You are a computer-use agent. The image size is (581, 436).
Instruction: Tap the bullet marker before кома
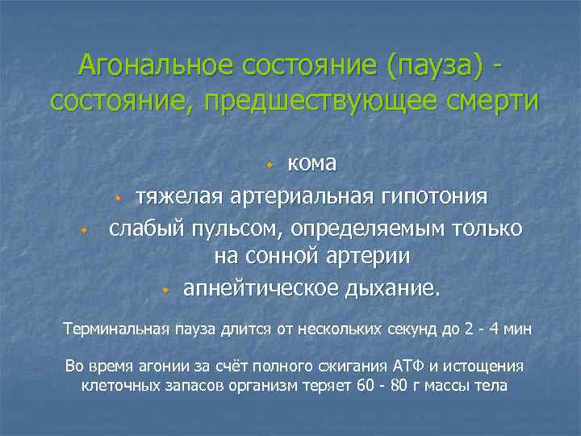[x=272, y=165]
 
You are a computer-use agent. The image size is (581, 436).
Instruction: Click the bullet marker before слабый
[x=83, y=230]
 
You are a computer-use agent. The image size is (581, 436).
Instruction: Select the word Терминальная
[x=116, y=329]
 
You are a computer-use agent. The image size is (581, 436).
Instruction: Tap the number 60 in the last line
[x=364, y=386]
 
